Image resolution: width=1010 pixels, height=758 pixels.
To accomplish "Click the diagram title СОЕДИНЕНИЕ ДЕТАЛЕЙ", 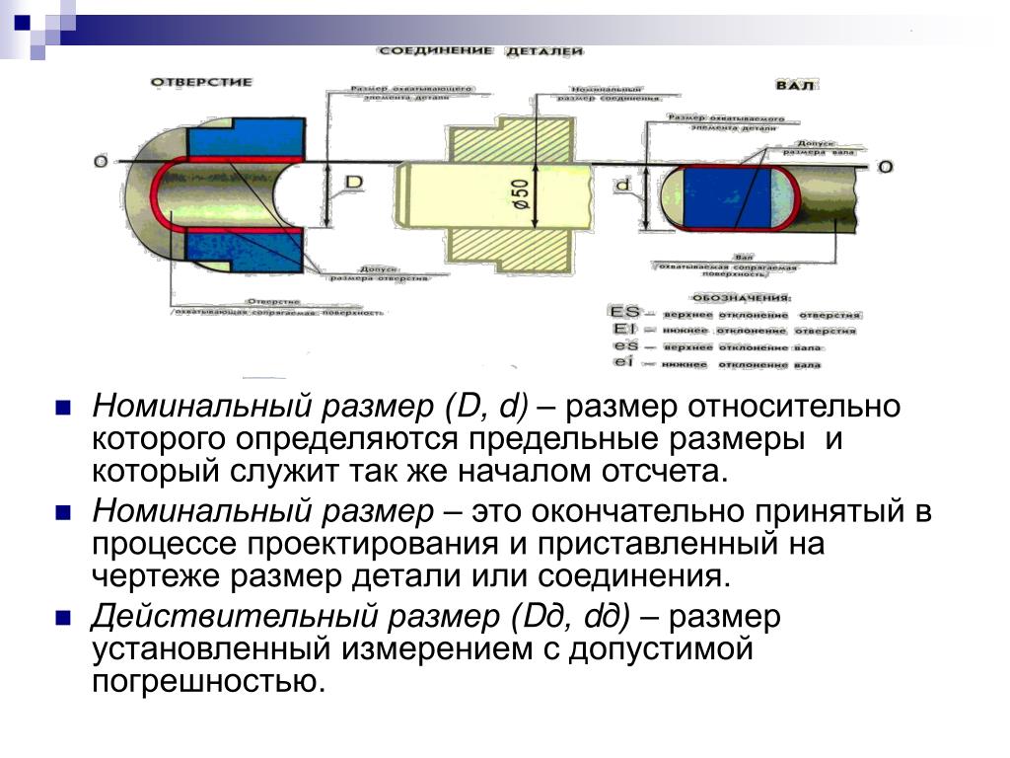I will pyautogui.click(x=480, y=49).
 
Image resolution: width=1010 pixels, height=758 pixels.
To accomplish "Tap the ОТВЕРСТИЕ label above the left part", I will pyautogui.click(x=201, y=82).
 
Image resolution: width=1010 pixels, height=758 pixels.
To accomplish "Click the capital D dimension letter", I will pyautogui.click(x=355, y=184).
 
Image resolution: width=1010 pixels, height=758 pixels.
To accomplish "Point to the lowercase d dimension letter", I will pyautogui.click(x=622, y=186).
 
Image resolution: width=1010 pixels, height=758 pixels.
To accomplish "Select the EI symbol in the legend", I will pyautogui.click(x=623, y=331).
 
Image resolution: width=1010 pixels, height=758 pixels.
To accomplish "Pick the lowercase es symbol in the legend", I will pyautogui.click(x=623, y=347).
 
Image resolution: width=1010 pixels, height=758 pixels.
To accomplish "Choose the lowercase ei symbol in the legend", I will pyautogui.click(x=623, y=364).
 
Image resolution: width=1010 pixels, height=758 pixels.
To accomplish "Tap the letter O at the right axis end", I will pyautogui.click(x=885, y=167).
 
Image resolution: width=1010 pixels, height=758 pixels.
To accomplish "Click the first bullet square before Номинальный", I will pyautogui.click(x=61, y=407).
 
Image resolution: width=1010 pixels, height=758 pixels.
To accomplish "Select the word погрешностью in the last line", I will pyautogui.click(x=208, y=681).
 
